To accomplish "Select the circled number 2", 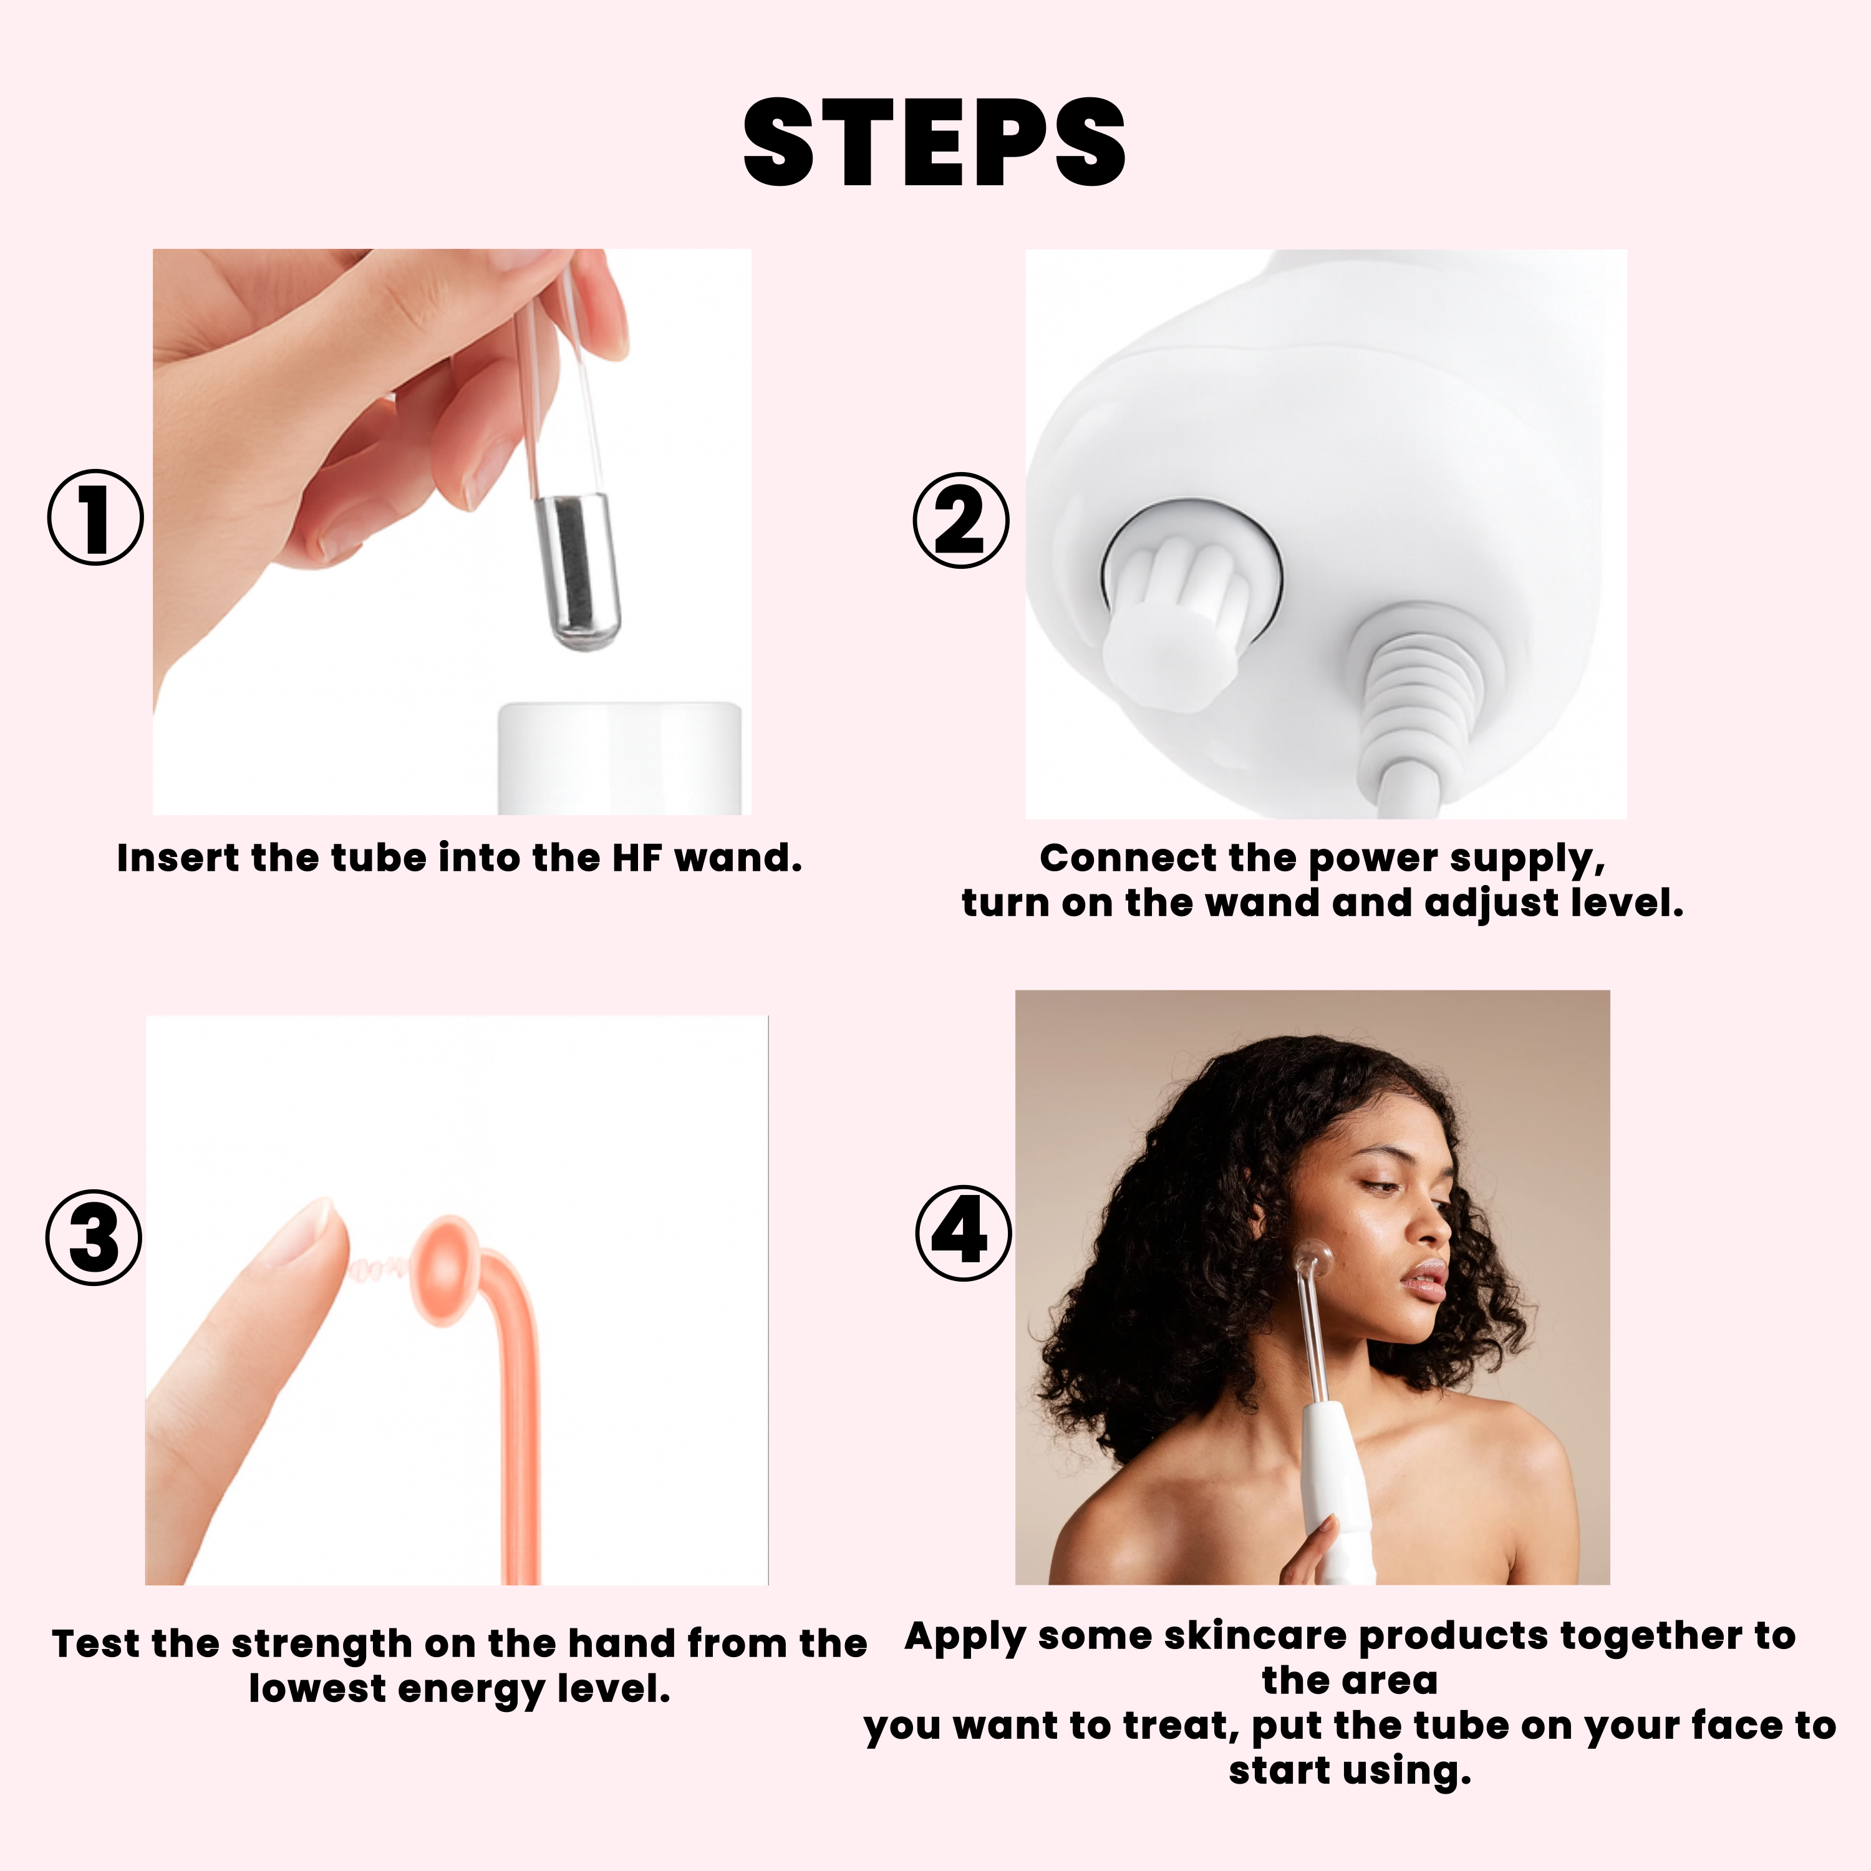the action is click(960, 520).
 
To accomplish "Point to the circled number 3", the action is click(94, 1237).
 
